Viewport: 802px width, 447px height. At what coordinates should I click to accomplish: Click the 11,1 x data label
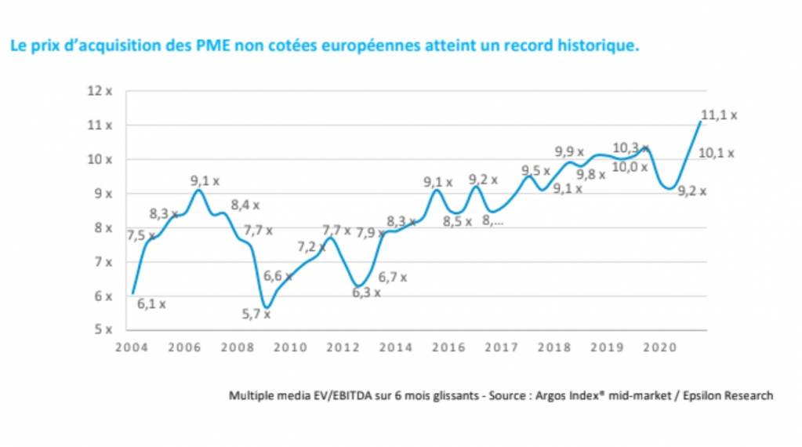click(718, 115)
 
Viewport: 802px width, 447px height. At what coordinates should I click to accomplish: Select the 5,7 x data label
click(256, 314)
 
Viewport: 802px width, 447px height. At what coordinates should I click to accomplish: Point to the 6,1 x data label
click(151, 304)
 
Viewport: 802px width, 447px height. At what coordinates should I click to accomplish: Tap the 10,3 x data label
click(630, 147)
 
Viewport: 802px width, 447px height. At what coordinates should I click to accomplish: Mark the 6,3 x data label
click(365, 293)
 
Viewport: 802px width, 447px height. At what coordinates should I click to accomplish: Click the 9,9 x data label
click(569, 152)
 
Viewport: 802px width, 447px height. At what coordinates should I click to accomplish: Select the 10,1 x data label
click(715, 154)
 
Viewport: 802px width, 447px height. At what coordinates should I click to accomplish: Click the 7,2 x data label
click(311, 248)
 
